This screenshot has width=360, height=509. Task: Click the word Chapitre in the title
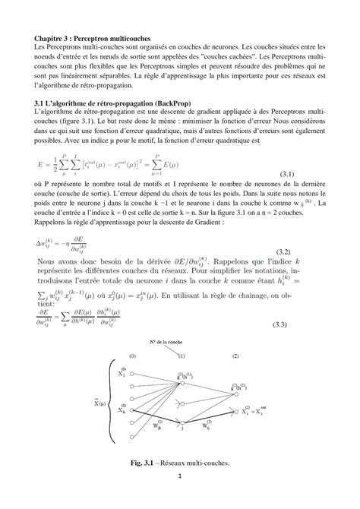(x=49, y=37)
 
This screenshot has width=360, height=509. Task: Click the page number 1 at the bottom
(x=180, y=476)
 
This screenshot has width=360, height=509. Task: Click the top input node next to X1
(x=131, y=375)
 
